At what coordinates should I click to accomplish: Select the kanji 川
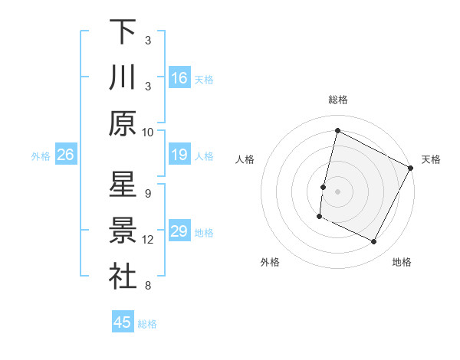click(x=123, y=77)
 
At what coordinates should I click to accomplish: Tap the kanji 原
click(x=123, y=123)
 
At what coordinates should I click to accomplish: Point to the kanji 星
click(x=123, y=185)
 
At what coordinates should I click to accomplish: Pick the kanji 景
click(x=123, y=231)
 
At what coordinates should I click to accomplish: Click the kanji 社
click(x=123, y=277)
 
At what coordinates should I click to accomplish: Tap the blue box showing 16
click(x=179, y=78)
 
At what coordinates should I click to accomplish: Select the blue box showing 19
click(x=179, y=155)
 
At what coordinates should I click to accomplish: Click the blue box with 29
click(x=179, y=232)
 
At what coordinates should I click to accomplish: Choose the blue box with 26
click(x=66, y=155)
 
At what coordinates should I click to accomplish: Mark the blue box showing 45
click(x=123, y=322)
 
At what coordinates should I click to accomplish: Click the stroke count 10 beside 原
click(x=148, y=132)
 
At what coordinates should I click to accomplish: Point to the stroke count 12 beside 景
click(x=148, y=240)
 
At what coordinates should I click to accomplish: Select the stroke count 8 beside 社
click(x=148, y=286)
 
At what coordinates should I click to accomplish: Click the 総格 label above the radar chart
click(x=338, y=100)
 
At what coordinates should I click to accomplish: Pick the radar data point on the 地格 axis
click(x=374, y=242)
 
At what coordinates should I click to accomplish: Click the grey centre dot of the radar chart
click(x=337, y=191)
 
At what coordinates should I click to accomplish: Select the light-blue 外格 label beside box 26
click(x=41, y=156)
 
